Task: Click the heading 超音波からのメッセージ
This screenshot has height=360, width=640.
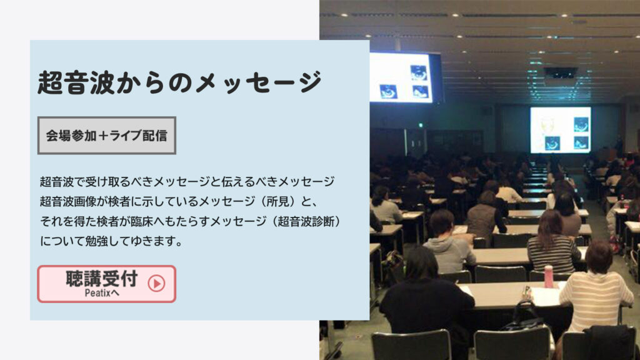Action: pos(179,82)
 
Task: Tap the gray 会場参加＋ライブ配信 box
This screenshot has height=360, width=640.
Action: pos(106,136)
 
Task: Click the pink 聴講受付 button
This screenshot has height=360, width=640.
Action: pos(106,284)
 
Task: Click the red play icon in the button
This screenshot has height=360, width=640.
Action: pos(156,283)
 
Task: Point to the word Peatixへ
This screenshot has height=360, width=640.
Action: pos(102,292)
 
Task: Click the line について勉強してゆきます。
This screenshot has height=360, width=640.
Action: pos(111,241)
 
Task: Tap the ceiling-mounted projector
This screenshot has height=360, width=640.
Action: pos(561,74)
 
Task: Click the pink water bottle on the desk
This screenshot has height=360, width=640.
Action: pos(549,276)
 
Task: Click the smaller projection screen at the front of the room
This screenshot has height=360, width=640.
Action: pos(561,130)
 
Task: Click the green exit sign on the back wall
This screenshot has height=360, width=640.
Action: pos(420,125)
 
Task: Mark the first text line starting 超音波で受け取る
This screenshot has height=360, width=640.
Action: pos(187,181)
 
